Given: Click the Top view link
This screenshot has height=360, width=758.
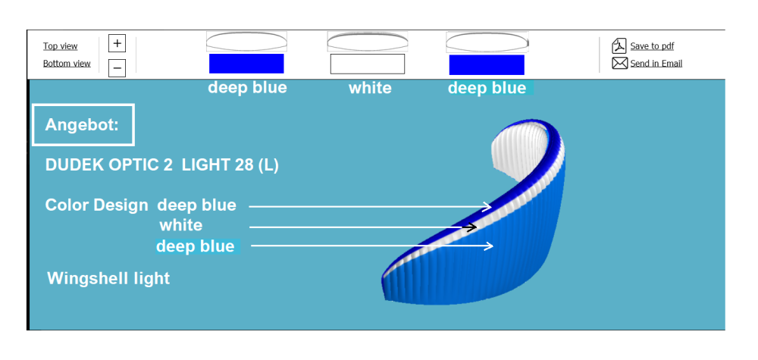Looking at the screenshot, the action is (x=61, y=46).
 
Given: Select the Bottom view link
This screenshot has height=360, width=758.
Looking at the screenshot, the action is (x=67, y=64).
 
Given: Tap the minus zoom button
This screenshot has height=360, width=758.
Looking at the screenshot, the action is (x=117, y=68).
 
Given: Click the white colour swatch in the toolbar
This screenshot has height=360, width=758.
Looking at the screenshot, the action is (x=368, y=64).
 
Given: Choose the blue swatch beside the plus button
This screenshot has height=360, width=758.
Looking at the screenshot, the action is (x=246, y=64).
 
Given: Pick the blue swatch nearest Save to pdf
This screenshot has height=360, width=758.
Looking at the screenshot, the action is (x=487, y=64).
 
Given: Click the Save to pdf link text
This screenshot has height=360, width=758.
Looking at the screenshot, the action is (x=652, y=46).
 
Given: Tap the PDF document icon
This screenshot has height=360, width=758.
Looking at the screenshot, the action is (x=619, y=46).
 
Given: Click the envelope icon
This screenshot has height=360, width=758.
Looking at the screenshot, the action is (x=620, y=64).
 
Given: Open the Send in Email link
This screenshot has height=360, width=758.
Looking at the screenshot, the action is (x=656, y=64).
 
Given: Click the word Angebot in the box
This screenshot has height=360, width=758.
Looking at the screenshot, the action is (x=82, y=125).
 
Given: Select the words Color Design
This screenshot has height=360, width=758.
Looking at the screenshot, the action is (x=97, y=205).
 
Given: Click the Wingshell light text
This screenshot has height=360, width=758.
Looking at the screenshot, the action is (x=108, y=278).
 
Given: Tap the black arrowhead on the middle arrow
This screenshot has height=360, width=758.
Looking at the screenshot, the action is (x=470, y=227).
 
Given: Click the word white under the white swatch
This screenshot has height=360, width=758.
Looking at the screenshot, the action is (x=370, y=88).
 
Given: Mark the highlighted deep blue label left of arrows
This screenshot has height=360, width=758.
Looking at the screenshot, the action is (x=196, y=246).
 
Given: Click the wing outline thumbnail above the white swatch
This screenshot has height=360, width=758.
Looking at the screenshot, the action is (x=368, y=42).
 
